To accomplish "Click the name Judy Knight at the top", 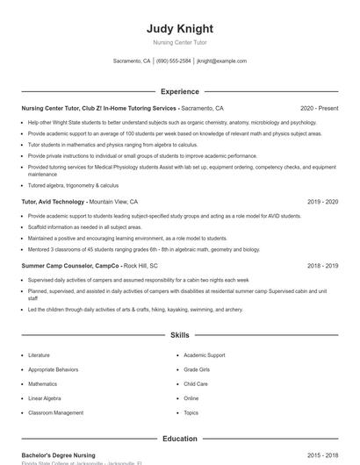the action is (x=180, y=28).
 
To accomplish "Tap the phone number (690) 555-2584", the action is (x=173, y=61).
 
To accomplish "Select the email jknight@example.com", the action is (x=221, y=61).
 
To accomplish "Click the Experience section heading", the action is (x=180, y=91).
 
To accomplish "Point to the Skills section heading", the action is (x=180, y=335).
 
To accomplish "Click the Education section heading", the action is (x=180, y=439).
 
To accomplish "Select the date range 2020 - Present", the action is (x=319, y=108).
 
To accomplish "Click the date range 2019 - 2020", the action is (x=322, y=202).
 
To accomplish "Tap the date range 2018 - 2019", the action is (x=322, y=265).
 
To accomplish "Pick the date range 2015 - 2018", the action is (x=322, y=455).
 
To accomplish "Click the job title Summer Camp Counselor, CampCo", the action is (x=71, y=265).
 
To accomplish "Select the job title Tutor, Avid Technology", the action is (x=53, y=202).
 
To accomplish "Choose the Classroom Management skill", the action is (x=55, y=412).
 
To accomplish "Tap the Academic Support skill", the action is (x=204, y=355).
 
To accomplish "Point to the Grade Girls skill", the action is (x=197, y=369).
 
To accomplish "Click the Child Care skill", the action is (x=196, y=383).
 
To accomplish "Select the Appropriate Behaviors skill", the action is (x=53, y=369).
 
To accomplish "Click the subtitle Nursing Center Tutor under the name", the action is (x=180, y=42).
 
